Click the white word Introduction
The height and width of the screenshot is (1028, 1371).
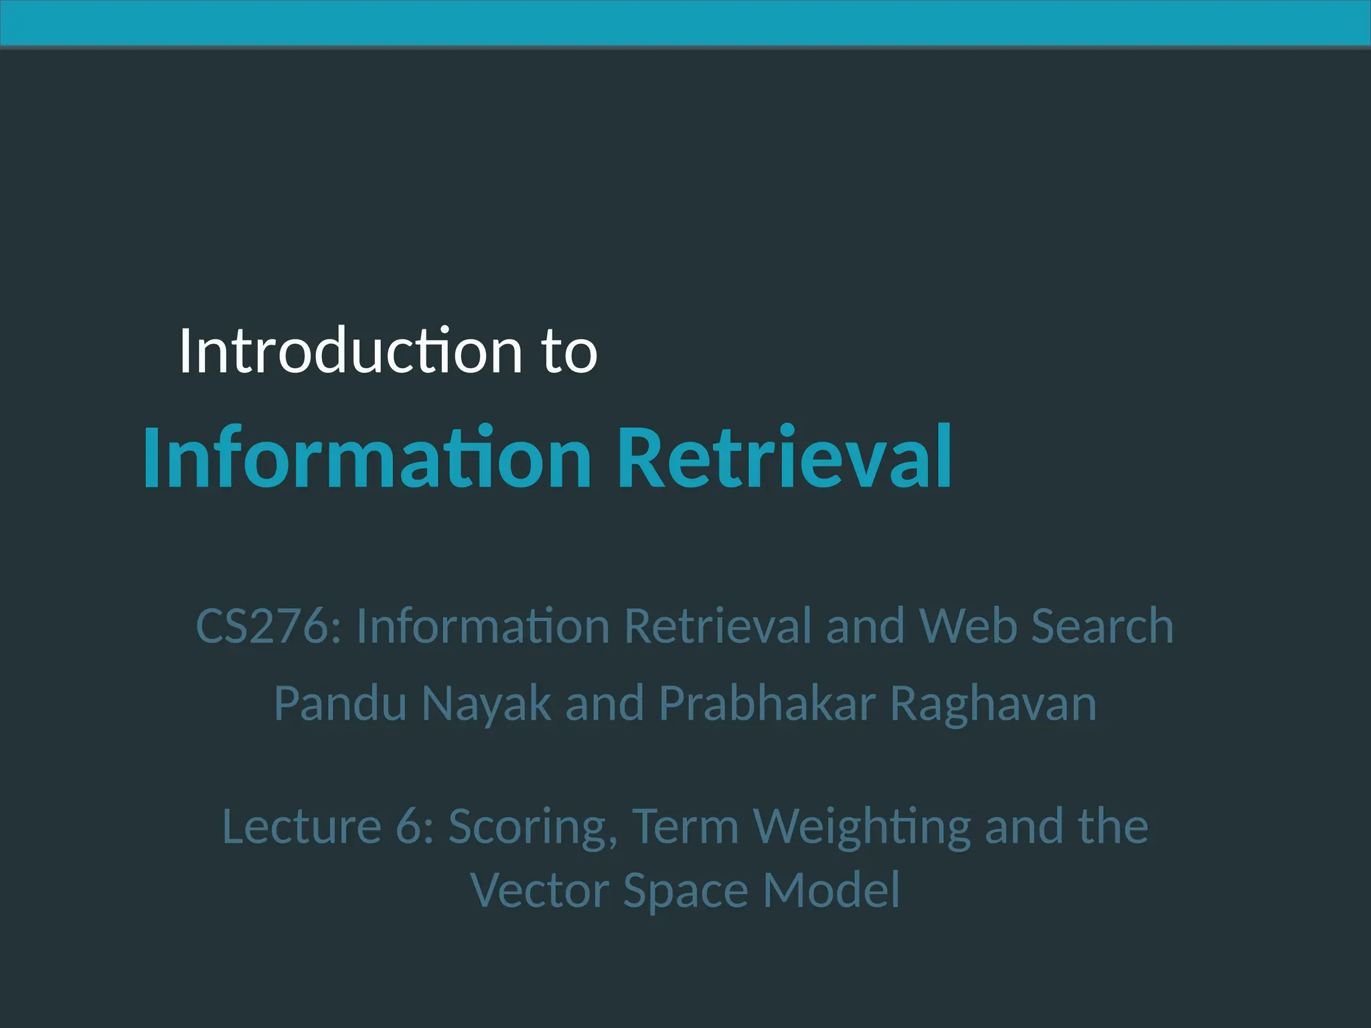[x=350, y=351]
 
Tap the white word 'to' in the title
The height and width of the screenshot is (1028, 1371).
[x=570, y=352]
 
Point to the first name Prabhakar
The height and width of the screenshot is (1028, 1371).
[x=767, y=704]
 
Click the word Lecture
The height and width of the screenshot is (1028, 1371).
[x=301, y=827]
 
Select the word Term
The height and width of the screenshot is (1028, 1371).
[x=685, y=827]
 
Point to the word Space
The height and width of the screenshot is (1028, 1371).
[x=685, y=892]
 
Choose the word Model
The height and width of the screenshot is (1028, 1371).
[x=831, y=891]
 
